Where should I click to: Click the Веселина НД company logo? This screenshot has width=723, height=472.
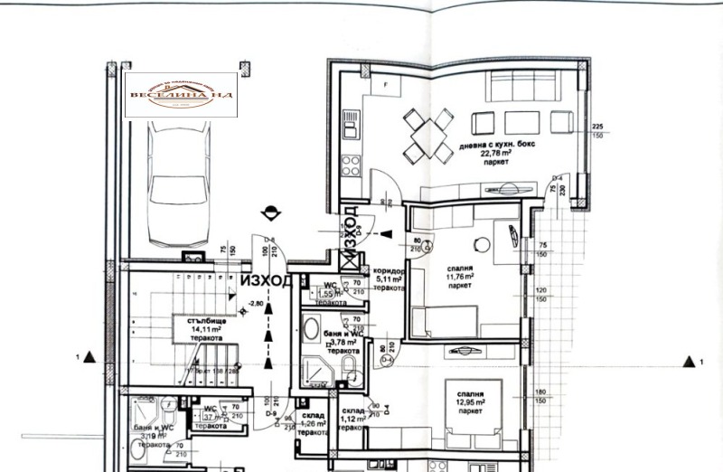point(180,95)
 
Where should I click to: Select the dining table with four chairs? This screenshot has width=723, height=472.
point(425,135)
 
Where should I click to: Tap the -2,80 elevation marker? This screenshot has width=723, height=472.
point(257,304)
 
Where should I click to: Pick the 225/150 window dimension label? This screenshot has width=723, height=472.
point(596,130)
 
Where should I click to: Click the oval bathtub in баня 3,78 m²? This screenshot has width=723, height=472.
point(310,328)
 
